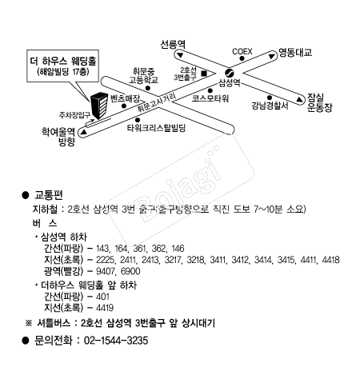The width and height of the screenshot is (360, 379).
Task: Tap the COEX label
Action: pyautogui.click(x=242, y=50)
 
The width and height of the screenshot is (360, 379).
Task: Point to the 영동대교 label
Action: pyautogui.click(x=294, y=53)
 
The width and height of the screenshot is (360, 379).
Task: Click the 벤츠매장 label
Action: pyautogui.click(x=125, y=96)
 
